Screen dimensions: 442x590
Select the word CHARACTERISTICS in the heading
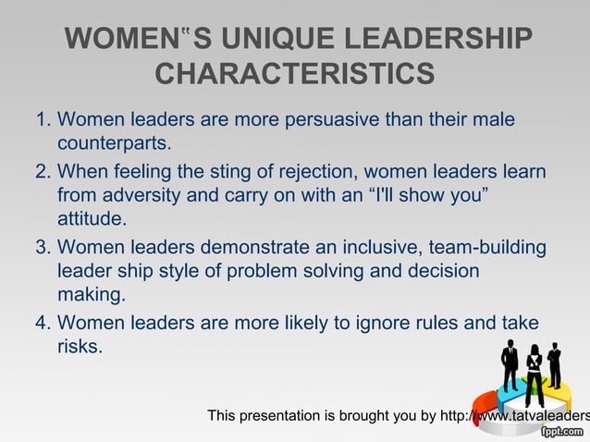click(295, 72)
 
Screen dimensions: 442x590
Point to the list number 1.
click(41, 120)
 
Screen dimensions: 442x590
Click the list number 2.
click(41, 172)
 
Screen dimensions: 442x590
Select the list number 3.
click(41, 248)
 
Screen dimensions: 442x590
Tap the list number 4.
click(41, 324)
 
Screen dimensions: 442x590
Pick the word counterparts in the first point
click(112, 145)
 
